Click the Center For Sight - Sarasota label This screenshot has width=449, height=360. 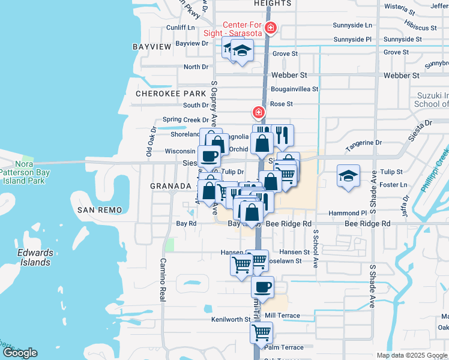[x=243, y=29]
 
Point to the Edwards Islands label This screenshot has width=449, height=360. [x=34, y=257]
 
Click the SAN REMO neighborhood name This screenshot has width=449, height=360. [x=100, y=209]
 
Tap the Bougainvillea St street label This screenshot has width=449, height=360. [x=294, y=89]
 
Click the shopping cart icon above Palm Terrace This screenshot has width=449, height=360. [x=261, y=331]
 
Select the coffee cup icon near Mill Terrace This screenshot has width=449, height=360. [x=261, y=287]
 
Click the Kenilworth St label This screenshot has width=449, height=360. [x=230, y=319]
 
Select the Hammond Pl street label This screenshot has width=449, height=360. [x=347, y=213]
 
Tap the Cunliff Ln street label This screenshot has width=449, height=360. [x=181, y=27]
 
